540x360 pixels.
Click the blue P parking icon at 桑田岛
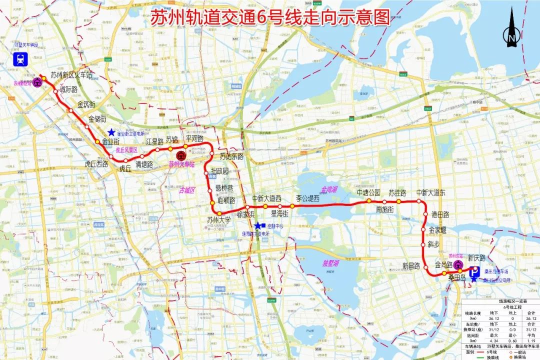point(473,273)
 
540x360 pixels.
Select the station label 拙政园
point(219,171)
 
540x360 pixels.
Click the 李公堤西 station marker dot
point(292,206)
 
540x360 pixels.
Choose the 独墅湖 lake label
point(330,262)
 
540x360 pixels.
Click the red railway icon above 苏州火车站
point(181,155)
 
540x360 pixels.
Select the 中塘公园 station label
point(368,192)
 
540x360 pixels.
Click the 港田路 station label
point(440,214)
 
